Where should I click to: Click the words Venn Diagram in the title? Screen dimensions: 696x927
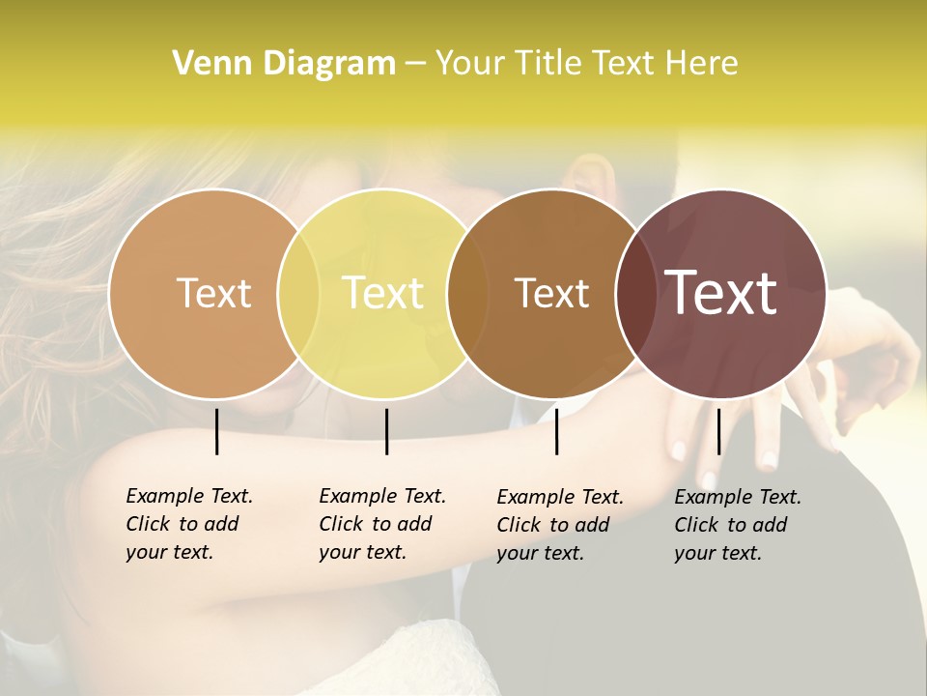point(284,64)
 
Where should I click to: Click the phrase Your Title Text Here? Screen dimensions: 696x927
point(586,64)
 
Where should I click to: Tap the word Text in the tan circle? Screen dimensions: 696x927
point(213,293)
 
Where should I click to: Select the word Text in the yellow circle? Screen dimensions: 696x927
point(382,293)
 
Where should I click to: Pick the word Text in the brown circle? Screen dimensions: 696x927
point(551,294)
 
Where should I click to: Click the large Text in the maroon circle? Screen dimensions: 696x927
point(721,293)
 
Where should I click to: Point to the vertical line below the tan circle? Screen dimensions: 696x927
point(217,431)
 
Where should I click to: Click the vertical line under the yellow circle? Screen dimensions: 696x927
point(386,431)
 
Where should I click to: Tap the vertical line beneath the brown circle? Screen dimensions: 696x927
point(557,431)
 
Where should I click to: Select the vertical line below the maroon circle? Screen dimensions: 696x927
point(718,431)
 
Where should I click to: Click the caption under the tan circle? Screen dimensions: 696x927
point(189,524)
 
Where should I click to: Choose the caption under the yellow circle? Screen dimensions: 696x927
point(382,524)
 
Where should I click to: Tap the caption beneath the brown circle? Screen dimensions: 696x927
point(560,525)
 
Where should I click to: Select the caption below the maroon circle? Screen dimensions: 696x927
point(738,525)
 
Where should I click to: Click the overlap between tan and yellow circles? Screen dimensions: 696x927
point(298,293)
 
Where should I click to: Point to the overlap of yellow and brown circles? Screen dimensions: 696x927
point(467,293)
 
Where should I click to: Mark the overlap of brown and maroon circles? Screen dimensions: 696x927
point(636,293)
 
